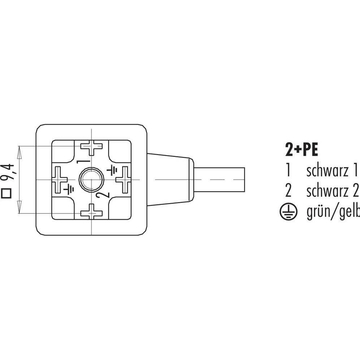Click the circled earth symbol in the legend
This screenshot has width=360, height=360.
pyautogui.click(x=288, y=213)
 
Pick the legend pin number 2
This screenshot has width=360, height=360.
pyautogui.click(x=288, y=191)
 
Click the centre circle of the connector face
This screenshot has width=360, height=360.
pyautogui.click(x=91, y=180)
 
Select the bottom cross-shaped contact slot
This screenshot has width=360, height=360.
pyautogui.click(x=91, y=211)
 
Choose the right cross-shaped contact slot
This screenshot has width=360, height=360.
pyautogui.click(x=123, y=179)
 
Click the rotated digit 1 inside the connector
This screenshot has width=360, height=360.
pyautogui.click(x=83, y=161)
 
